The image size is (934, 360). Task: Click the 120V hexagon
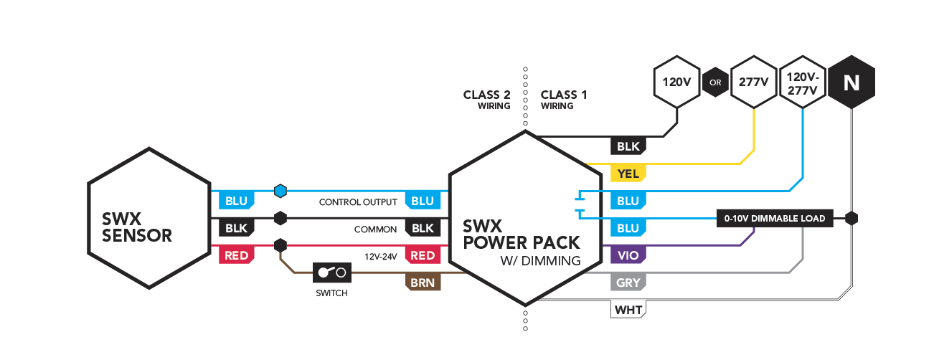676,82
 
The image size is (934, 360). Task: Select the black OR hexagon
715,82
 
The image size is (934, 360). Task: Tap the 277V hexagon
754,82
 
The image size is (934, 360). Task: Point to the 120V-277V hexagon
803,82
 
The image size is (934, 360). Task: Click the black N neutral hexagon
852,82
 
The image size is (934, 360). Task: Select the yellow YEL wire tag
628,174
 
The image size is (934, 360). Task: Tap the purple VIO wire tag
628,255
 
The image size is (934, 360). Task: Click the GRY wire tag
628,283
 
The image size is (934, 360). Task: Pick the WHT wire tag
628,310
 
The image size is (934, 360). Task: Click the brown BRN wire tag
423,283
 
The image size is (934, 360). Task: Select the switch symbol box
332,273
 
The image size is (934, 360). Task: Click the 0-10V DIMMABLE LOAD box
775,218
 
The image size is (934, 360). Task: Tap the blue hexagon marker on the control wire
280,191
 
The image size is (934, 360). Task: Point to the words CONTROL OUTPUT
358,202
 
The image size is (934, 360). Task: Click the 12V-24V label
381,257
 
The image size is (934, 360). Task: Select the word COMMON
375,229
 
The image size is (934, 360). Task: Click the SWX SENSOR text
137,227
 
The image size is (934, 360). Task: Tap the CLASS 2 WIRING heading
486,100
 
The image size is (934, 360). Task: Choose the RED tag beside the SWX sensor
237,255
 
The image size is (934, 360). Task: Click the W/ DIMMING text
540,261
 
